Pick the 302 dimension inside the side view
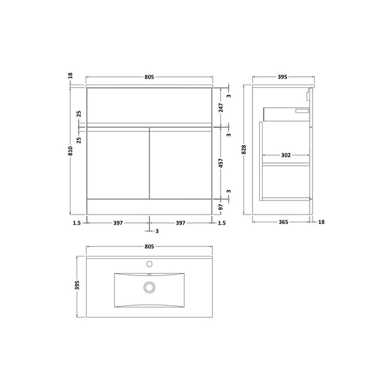pyautogui.click(x=286, y=156)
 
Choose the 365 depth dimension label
pyautogui.click(x=282, y=222)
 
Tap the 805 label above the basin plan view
pyautogui.click(x=149, y=246)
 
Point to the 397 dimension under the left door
pyautogui.click(x=118, y=222)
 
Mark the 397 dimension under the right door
pyautogui.click(x=180, y=222)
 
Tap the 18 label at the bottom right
pyautogui.click(x=321, y=222)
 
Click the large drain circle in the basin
pyautogui.click(x=149, y=287)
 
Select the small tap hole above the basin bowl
pyautogui.click(x=149, y=264)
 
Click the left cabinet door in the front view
pyautogui.click(x=117, y=162)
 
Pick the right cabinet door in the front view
pyautogui.click(x=180, y=162)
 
